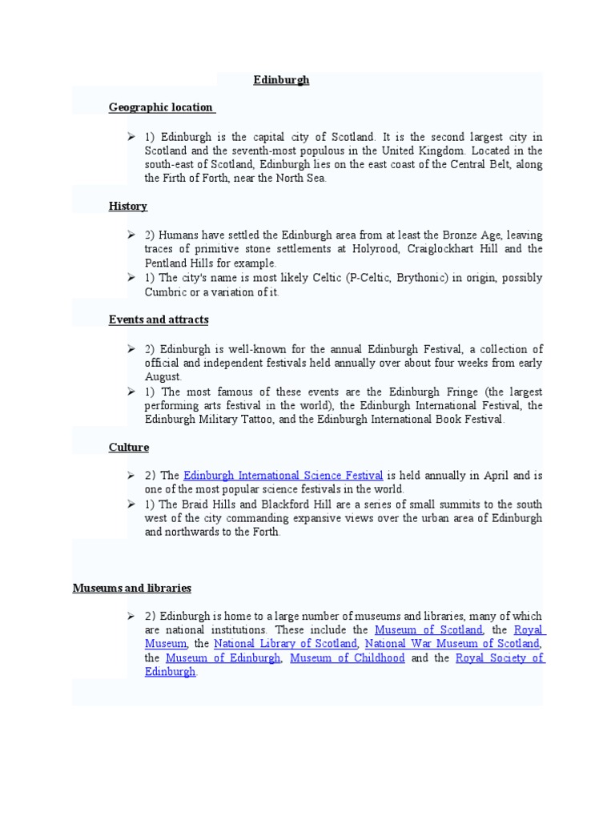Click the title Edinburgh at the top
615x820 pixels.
pyautogui.click(x=281, y=80)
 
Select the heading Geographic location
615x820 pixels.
pyautogui.click(x=161, y=107)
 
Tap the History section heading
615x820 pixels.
pyautogui.click(x=128, y=207)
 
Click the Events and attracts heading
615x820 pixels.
pyautogui.click(x=159, y=320)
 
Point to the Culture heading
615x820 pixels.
pyautogui.click(x=129, y=448)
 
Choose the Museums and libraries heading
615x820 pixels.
pyautogui.click(x=132, y=588)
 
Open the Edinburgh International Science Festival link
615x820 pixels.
pyautogui.click(x=283, y=476)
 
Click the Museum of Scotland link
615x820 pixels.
pyautogui.click(x=428, y=630)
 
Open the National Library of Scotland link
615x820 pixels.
pyautogui.click(x=285, y=644)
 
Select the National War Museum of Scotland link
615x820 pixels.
pyautogui.click(x=452, y=644)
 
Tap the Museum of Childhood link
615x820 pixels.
pyautogui.click(x=348, y=658)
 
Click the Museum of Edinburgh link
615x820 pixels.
pyautogui.click(x=223, y=658)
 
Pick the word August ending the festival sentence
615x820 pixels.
pyautogui.click(x=163, y=377)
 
